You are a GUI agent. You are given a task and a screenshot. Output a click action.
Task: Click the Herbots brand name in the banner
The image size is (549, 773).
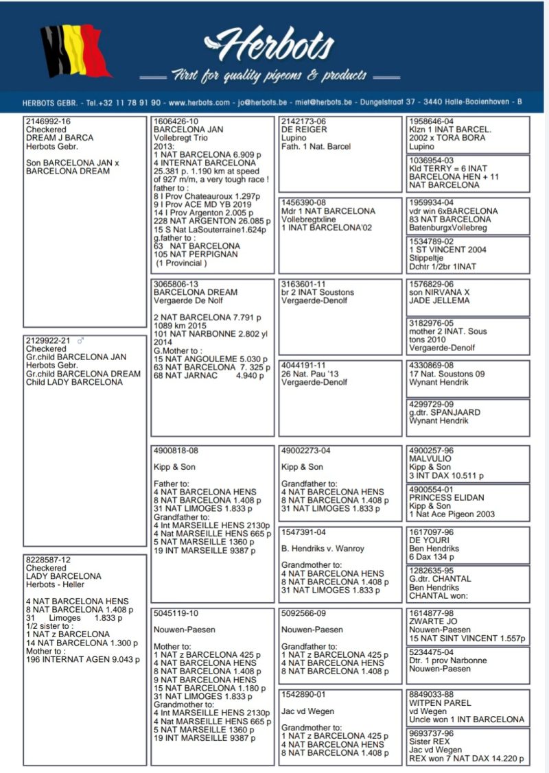click(272, 45)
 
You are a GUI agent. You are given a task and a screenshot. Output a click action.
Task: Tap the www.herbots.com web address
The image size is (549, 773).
click(199, 102)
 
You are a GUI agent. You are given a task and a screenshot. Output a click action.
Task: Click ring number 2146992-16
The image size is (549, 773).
click(48, 121)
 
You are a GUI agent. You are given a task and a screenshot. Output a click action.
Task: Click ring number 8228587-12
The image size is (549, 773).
click(48, 560)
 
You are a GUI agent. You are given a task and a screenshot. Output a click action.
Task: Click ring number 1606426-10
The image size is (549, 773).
click(176, 121)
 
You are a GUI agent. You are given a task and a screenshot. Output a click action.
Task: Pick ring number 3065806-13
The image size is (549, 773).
click(176, 284)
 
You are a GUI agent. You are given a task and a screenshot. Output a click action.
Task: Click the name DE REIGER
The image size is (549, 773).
click(304, 130)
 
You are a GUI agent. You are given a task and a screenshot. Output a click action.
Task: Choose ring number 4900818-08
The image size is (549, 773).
click(176, 451)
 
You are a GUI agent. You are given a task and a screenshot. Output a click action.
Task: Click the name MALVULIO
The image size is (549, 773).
click(430, 459)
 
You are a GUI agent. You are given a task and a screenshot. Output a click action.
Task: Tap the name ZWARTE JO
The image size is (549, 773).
click(433, 622)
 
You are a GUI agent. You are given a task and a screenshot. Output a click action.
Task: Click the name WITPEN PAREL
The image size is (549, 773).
click(440, 703)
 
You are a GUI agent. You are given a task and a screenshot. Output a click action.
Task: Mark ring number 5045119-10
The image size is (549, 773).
click(176, 613)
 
